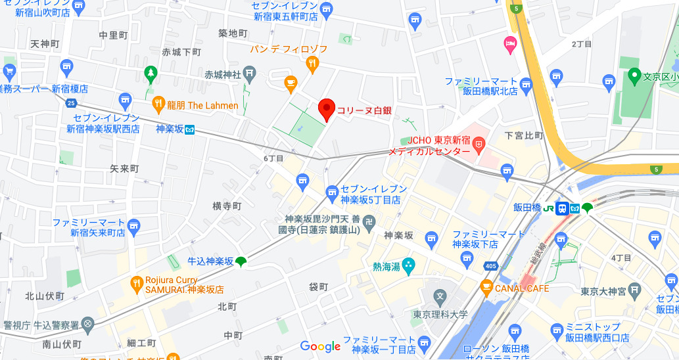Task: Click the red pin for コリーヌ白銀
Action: click(x=327, y=109)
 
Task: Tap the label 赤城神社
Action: click(x=223, y=74)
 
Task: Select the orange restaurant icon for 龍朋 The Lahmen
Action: click(x=158, y=104)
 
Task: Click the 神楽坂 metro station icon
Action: click(x=189, y=129)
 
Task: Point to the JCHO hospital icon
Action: click(x=479, y=142)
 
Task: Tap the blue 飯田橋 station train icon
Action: click(x=562, y=208)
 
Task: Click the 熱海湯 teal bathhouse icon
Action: click(x=409, y=267)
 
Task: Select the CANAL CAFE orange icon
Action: click(x=486, y=287)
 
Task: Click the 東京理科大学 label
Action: click(x=440, y=314)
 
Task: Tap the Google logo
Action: click(x=320, y=346)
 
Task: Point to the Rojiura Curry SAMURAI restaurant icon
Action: click(x=137, y=282)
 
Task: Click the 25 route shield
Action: click(x=71, y=102)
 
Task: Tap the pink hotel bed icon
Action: click(x=510, y=45)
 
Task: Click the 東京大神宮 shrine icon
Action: click(x=634, y=289)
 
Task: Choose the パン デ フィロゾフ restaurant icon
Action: click(x=312, y=64)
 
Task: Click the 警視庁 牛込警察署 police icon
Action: click(x=88, y=325)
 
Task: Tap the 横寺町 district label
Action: click(x=227, y=206)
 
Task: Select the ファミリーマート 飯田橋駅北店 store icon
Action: click(x=525, y=84)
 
